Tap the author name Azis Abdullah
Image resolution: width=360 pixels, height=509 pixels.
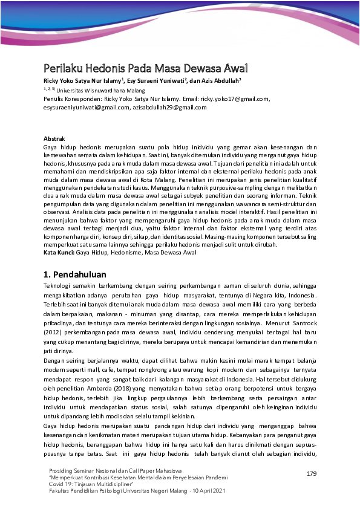coord(219,79)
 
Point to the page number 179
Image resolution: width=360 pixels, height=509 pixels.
coord(312,473)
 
